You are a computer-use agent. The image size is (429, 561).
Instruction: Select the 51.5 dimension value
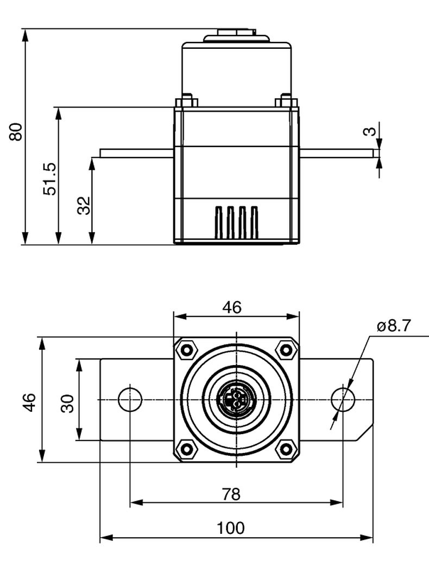(x=50, y=178)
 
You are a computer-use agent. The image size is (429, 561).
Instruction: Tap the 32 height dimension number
(x=83, y=206)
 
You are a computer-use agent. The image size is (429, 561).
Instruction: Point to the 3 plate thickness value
(x=369, y=131)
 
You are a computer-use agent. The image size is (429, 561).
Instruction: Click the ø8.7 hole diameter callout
(x=394, y=326)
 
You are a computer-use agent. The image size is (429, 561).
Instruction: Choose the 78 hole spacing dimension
(x=231, y=494)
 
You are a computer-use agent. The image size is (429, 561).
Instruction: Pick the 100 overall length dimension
(x=231, y=528)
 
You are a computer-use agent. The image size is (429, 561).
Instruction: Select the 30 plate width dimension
(x=67, y=403)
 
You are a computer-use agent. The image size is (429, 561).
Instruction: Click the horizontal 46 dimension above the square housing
(x=232, y=307)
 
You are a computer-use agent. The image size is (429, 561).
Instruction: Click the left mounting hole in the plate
(x=130, y=399)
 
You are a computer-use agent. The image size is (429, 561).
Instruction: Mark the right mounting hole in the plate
(x=343, y=399)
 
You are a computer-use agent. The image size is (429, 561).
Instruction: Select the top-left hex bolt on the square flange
(x=187, y=350)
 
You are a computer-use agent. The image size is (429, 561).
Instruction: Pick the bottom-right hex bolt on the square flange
(x=286, y=449)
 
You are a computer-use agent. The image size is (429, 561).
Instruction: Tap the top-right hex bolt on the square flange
(x=286, y=350)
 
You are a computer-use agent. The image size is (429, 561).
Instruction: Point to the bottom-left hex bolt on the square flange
(x=187, y=449)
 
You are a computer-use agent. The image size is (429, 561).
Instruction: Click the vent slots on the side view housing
(x=236, y=222)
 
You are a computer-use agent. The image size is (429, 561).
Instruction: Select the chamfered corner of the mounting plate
(x=365, y=432)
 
